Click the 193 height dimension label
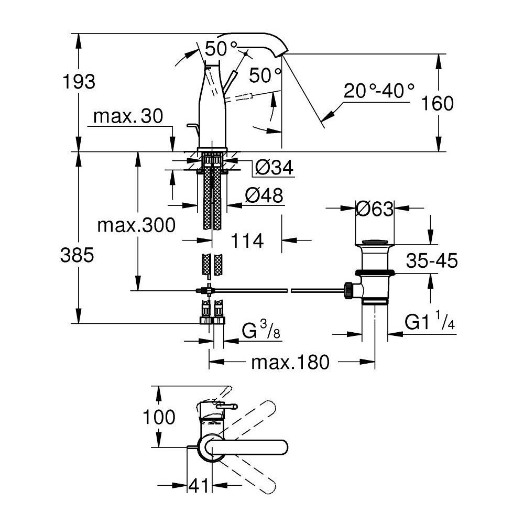(x=79, y=82)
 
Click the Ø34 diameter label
(x=274, y=168)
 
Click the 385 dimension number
(x=77, y=255)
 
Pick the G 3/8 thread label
(x=260, y=332)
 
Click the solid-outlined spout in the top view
(x=246, y=447)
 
